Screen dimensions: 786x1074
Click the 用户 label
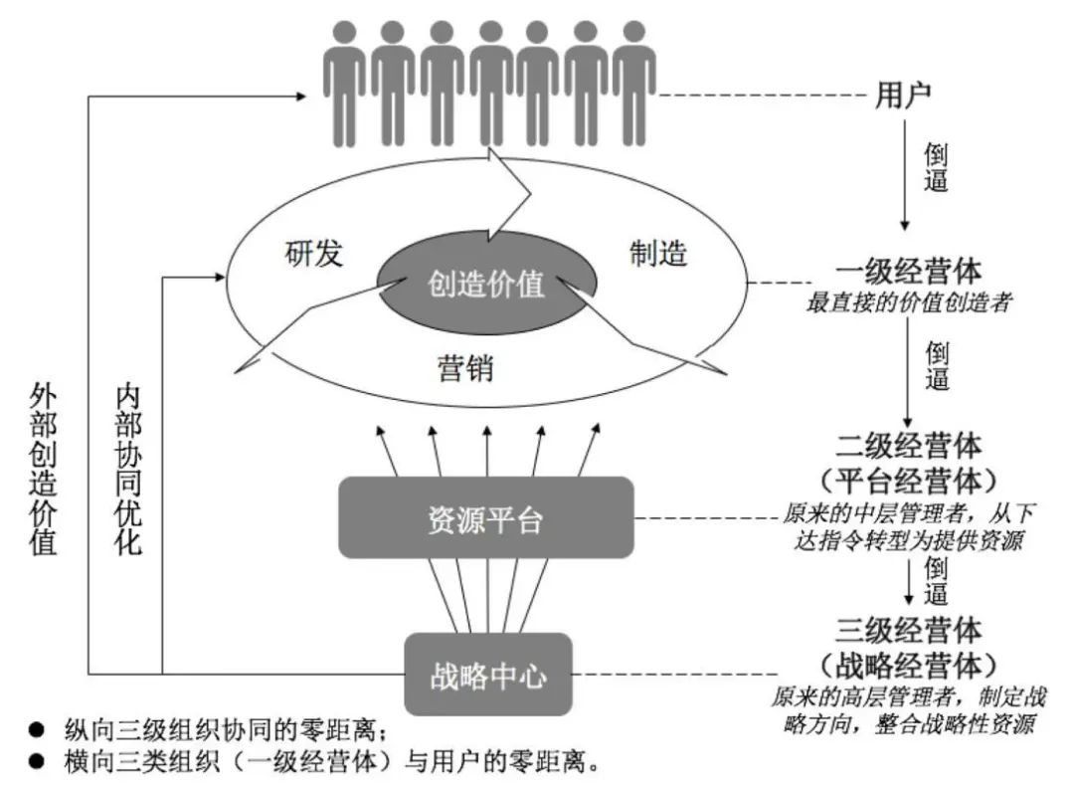click(x=902, y=96)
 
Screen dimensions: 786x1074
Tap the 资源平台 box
click(x=486, y=517)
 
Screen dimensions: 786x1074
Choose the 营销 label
click(x=465, y=369)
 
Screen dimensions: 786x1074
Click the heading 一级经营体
click(x=909, y=272)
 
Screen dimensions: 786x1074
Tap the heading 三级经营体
click(x=909, y=630)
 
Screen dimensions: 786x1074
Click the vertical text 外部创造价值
click(x=43, y=467)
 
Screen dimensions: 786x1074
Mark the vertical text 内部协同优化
click(x=128, y=467)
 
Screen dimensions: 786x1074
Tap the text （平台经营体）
click(x=909, y=481)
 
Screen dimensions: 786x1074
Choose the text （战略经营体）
click(x=909, y=665)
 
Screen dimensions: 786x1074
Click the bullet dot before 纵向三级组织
click(x=36, y=729)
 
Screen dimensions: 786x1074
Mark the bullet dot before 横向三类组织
click(x=36, y=763)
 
